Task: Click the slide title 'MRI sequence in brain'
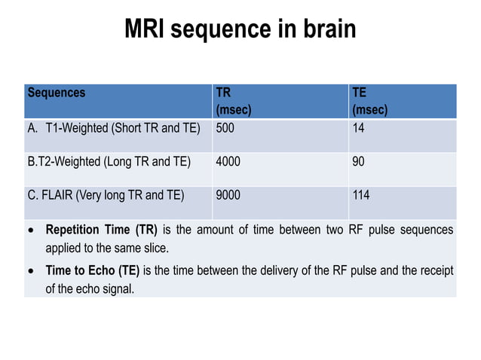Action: tap(240, 29)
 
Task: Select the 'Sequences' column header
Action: tap(57, 93)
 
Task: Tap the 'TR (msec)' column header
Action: tap(233, 102)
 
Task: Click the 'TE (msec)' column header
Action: tap(369, 102)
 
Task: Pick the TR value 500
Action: tap(225, 127)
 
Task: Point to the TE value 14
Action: tap(358, 127)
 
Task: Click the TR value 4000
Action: tap(228, 161)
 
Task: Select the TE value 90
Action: tap(359, 161)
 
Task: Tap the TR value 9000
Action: tap(228, 195)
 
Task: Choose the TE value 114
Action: tap(361, 195)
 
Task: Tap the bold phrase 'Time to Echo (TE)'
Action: tap(93, 270)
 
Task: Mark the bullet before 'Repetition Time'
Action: tap(30, 230)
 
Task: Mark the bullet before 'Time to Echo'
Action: tap(30, 271)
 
